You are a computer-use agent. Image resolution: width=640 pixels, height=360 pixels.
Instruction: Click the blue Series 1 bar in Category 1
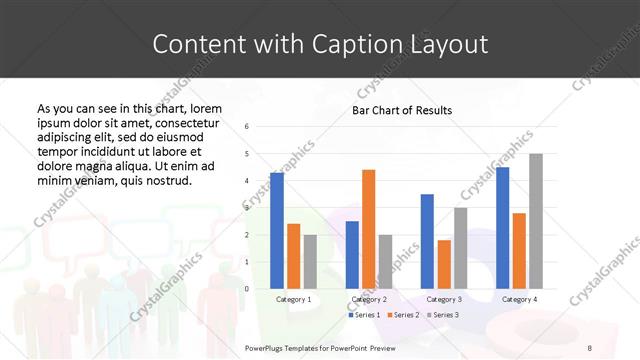point(277,230)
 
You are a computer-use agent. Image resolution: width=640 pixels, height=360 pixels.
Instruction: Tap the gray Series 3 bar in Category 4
point(536,221)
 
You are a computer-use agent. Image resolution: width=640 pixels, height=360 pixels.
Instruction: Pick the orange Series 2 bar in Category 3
point(444,264)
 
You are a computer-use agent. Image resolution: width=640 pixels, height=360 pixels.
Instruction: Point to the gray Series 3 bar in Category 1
point(310,261)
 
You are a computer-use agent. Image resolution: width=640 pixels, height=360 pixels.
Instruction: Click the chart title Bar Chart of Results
point(402,110)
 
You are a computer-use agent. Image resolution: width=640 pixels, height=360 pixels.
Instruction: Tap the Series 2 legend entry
point(402,315)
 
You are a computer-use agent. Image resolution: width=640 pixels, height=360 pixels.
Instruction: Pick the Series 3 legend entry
point(442,315)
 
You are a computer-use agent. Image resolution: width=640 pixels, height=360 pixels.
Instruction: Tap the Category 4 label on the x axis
point(519,299)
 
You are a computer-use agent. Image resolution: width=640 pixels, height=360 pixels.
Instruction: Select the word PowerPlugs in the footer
point(266,347)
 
